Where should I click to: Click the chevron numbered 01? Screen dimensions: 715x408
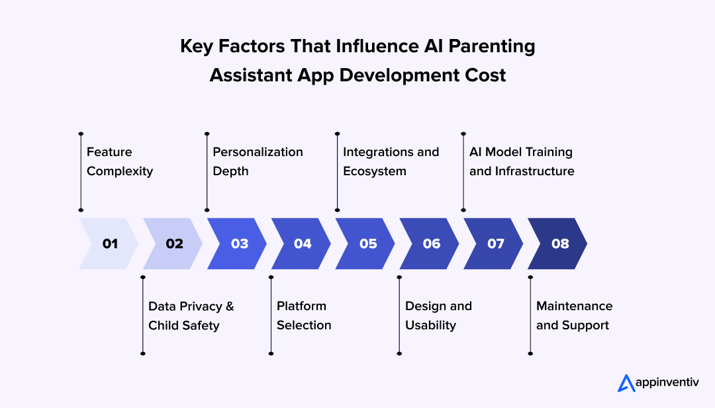pos(109,243)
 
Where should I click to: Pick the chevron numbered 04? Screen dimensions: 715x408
pos(301,243)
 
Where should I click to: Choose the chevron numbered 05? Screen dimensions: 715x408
pos(365,243)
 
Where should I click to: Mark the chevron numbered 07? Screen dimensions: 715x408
pos(494,243)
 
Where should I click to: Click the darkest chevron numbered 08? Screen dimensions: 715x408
pos(557,243)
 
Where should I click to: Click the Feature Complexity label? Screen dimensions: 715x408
pos(120,161)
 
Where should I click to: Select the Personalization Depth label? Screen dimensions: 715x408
pos(258,161)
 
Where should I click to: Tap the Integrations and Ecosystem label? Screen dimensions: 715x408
pos(391,161)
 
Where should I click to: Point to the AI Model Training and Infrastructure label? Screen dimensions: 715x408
pos(522,161)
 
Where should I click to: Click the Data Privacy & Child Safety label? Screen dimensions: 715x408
pos(191,315)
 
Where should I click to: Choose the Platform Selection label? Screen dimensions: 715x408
pos(304,315)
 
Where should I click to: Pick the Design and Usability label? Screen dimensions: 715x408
pos(438,315)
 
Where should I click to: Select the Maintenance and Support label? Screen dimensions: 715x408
pos(574,315)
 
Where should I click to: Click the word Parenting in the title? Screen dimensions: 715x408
pos(491,47)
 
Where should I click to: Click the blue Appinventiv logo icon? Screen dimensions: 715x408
pos(626,384)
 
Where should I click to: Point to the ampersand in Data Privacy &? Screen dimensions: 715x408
pos(230,306)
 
